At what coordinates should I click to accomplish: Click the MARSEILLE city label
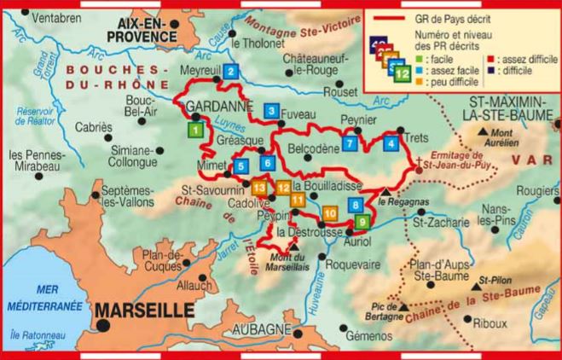tap(143, 311)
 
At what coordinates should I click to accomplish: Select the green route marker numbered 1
tap(195, 130)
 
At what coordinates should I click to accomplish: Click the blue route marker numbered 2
tap(231, 73)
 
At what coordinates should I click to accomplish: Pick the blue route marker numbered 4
tap(391, 143)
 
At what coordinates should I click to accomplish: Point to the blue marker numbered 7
tap(351, 144)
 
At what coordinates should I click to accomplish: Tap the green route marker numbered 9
tap(362, 222)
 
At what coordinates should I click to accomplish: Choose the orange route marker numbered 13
tap(260, 187)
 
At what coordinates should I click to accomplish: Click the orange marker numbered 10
tap(331, 212)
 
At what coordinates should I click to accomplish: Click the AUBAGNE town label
tap(260, 329)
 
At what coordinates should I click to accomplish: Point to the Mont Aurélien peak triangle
tap(484, 131)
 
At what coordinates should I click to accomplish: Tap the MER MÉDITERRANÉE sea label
tap(34, 297)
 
